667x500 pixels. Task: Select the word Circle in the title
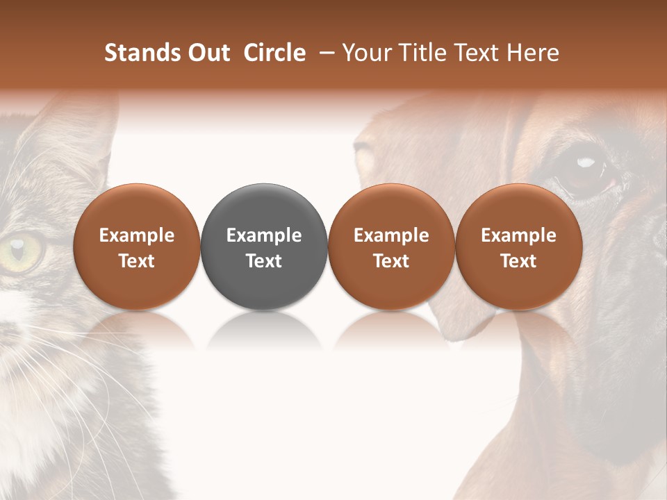274,53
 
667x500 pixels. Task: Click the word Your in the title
365,53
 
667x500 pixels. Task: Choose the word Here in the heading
532,53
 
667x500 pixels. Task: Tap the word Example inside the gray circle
264,235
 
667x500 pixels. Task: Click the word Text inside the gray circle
264,261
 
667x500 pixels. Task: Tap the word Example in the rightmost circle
519,235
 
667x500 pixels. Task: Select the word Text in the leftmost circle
136,261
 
